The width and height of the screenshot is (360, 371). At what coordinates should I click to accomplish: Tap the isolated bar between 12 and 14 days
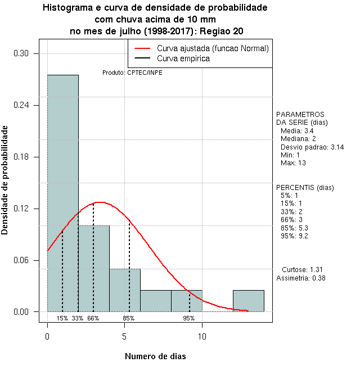click(x=248, y=301)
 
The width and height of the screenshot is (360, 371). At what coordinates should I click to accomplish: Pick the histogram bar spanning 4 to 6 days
click(x=125, y=290)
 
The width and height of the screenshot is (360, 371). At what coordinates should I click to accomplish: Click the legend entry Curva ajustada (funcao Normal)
click(x=213, y=48)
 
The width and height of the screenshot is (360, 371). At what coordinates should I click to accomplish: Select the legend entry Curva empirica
click(x=183, y=58)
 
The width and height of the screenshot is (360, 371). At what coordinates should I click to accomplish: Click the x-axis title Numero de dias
click(x=155, y=356)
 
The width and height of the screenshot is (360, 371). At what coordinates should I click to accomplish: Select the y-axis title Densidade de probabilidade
click(x=5, y=180)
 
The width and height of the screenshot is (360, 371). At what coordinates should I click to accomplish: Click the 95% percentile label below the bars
click(x=188, y=318)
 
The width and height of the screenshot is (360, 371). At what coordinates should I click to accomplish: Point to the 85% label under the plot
click(x=128, y=318)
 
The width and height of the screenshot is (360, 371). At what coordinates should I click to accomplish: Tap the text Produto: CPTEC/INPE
click(x=132, y=73)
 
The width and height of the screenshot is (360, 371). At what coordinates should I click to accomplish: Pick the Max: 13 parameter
click(x=293, y=163)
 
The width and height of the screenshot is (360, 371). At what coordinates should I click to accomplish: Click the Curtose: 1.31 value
click(x=302, y=269)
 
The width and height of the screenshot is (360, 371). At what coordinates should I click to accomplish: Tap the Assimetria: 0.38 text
click(x=301, y=278)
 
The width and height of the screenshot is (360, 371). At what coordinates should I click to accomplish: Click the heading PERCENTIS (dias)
click(x=305, y=187)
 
